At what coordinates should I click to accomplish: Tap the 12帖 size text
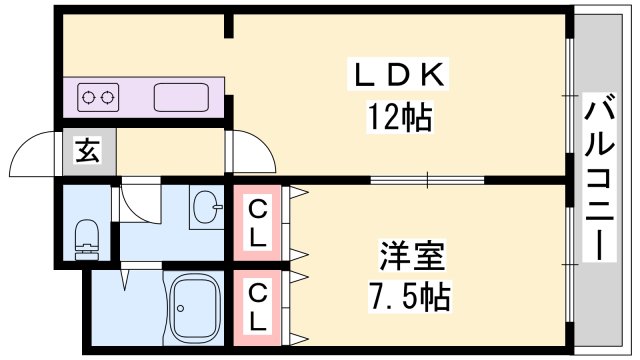(x=397, y=119)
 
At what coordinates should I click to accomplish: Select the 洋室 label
(x=411, y=254)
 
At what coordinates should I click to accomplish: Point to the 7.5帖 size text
(x=411, y=296)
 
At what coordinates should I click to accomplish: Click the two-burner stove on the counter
(x=98, y=99)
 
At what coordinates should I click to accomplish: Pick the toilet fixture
(x=87, y=237)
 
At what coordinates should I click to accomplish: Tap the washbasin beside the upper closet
(x=208, y=208)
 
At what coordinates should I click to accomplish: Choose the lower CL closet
(x=257, y=306)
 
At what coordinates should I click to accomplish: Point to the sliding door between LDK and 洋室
(x=427, y=180)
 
